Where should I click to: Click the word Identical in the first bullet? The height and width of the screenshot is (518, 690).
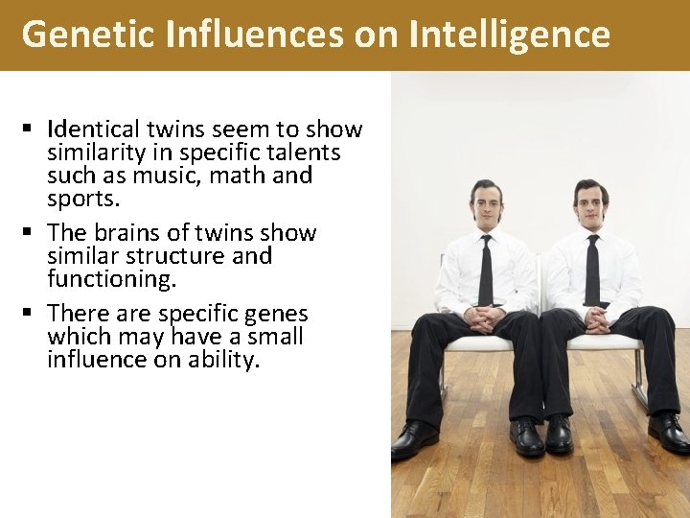[x=92, y=129]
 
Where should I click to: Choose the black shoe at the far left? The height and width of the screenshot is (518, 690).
[x=415, y=440]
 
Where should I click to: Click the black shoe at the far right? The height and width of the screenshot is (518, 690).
[x=668, y=434]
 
